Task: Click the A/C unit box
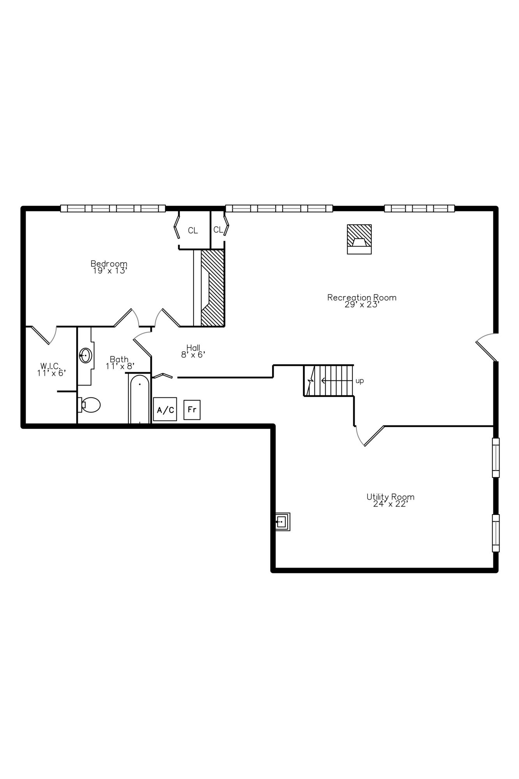click(165, 409)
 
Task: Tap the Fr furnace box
click(192, 410)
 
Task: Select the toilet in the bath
click(89, 405)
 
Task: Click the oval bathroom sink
click(86, 355)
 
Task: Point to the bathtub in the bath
click(139, 399)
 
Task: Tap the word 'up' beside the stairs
click(360, 381)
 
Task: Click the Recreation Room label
click(362, 298)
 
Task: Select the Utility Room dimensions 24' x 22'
click(390, 504)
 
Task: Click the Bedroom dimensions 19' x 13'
click(110, 270)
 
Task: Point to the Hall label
click(193, 347)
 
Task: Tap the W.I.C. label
click(51, 366)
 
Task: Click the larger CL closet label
click(193, 231)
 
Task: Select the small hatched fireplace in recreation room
click(359, 239)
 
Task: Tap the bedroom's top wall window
click(113, 208)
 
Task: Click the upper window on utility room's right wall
click(496, 458)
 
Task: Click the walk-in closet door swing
click(44, 335)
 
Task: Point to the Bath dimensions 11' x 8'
click(120, 366)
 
